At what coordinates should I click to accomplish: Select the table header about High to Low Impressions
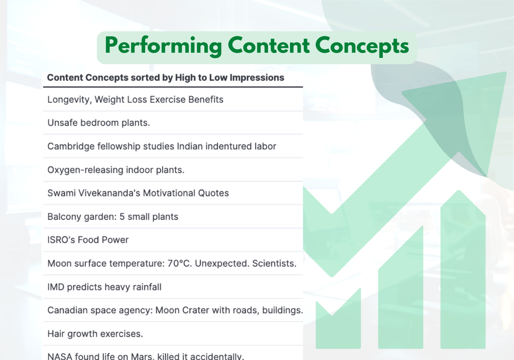pyautogui.click(x=165, y=78)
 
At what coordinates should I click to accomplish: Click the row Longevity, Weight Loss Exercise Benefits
pyautogui.click(x=135, y=100)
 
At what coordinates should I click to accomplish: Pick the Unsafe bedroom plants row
pyautogui.click(x=99, y=123)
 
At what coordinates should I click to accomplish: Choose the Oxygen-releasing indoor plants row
pyautogui.click(x=116, y=170)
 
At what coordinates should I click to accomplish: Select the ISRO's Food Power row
pyautogui.click(x=88, y=240)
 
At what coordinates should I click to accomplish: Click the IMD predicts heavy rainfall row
pyautogui.click(x=104, y=287)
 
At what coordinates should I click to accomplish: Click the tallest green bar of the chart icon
pyautogui.click(x=463, y=274)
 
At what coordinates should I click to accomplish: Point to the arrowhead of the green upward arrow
pyautogui.click(x=471, y=116)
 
